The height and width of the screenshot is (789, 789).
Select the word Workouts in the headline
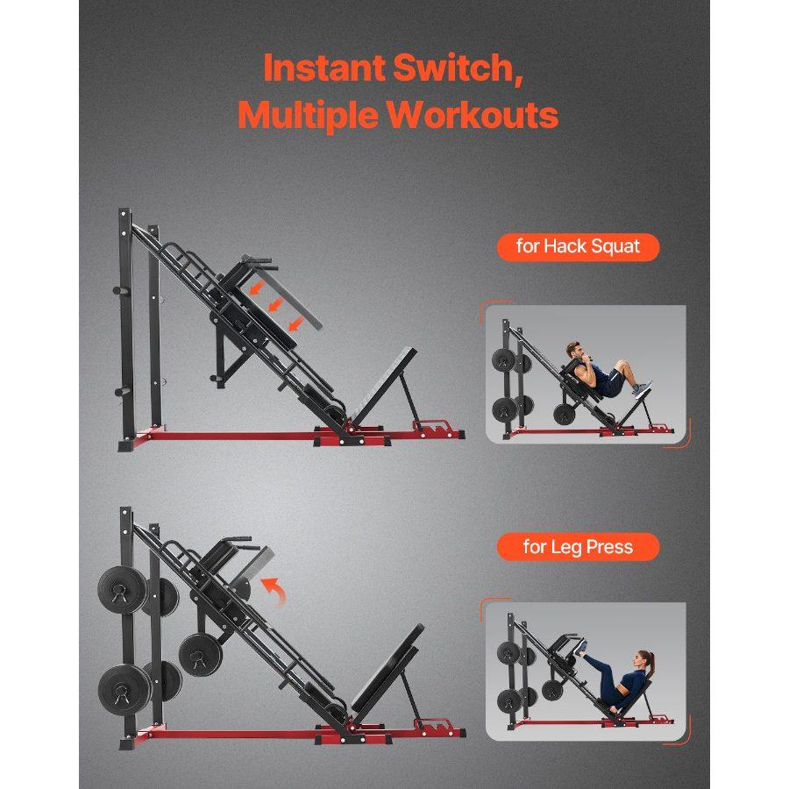[473, 115]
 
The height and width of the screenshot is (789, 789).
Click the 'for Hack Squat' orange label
[578, 246]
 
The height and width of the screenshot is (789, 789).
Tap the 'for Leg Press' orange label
[578, 548]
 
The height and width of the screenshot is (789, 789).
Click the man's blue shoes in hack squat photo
[642, 387]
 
